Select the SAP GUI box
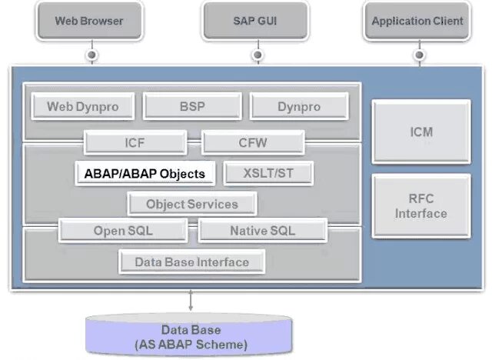[255, 21]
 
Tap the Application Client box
[417, 21]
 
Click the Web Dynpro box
[82, 107]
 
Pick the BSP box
[192, 107]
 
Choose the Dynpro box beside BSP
[299, 107]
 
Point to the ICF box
[135, 142]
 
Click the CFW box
[253, 142]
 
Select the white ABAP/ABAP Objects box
[145, 173]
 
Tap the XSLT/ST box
[268, 173]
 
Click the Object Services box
[191, 204]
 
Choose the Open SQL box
[122, 230]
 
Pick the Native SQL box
[262, 230]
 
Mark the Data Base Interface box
[191, 262]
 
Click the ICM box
[421, 132]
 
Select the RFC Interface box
[421, 206]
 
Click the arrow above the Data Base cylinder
[191, 301]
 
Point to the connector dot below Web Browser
[92, 55]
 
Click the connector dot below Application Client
[418, 55]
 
